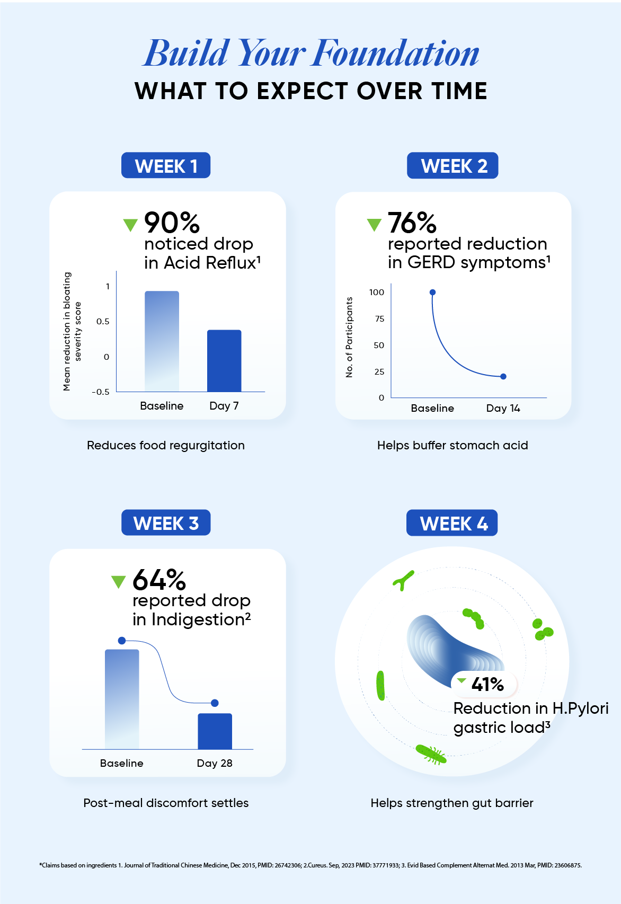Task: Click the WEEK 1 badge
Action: coord(166,166)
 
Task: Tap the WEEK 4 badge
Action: coord(452,523)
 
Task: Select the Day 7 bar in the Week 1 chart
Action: coord(224,361)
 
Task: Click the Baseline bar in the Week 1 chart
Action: coord(162,341)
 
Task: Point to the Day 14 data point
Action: coord(503,377)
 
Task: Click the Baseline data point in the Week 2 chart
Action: coord(432,293)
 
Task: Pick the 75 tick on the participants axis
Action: coord(379,319)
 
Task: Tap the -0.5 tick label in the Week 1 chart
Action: coord(101,392)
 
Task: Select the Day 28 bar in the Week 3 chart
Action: coord(215,731)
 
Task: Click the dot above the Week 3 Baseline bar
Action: coord(122,641)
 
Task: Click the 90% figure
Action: coord(172,223)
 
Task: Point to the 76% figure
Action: coord(412,223)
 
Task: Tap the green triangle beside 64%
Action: coord(118,582)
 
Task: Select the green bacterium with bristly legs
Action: coord(431,755)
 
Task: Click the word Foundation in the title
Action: coord(396,54)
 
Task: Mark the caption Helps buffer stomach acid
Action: coord(453,446)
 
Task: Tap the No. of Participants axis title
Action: coord(349,337)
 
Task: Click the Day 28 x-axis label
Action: coord(215,763)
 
